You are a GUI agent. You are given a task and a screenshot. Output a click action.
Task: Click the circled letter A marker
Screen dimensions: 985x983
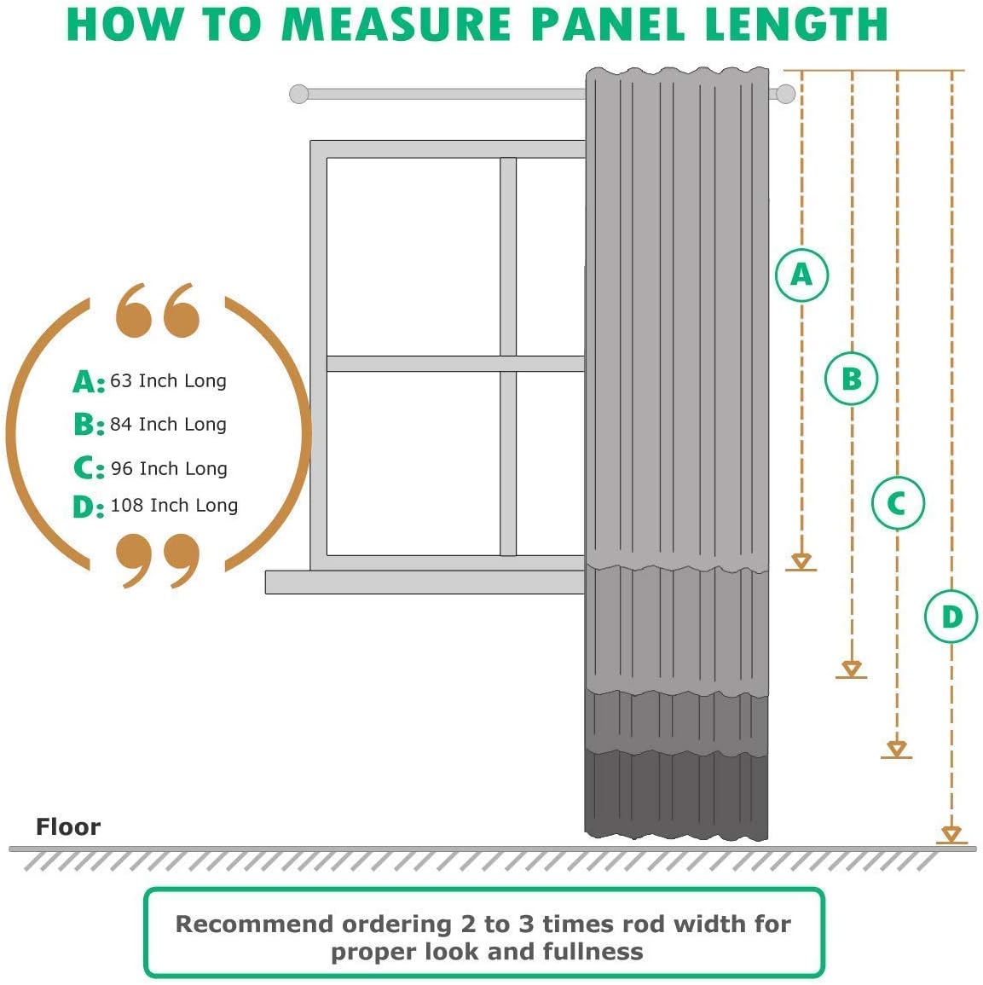(x=801, y=275)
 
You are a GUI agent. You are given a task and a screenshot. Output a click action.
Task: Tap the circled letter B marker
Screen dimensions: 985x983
(x=851, y=378)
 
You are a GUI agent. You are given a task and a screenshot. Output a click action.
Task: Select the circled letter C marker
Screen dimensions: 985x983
(x=897, y=503)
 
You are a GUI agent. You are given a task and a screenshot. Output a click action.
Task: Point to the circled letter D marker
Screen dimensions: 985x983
(x=951, y=616)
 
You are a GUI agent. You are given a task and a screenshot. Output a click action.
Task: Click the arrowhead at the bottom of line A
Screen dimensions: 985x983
(x=801, y=561)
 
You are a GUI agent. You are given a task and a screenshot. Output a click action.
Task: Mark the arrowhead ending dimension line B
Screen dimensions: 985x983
(x=851, y=669)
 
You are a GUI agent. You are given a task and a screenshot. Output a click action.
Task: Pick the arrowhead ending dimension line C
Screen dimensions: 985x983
(x=896, y=749)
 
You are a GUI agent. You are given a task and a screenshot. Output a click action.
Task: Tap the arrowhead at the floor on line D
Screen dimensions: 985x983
(x=951, y=834)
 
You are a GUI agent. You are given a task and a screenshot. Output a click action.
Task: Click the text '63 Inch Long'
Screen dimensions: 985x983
(x=168, y=380)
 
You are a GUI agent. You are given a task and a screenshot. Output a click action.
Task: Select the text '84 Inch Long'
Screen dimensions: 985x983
(x=168, y=424)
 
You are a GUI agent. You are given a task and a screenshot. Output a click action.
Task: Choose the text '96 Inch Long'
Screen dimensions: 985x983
(x=169, y=468)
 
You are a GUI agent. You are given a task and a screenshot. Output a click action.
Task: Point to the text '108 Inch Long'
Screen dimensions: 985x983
(x=174, y=505)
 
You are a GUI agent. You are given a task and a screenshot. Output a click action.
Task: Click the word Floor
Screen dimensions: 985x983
(x=68, y=826)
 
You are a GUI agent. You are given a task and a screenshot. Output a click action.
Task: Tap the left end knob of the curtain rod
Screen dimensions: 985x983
(x=299, y=94)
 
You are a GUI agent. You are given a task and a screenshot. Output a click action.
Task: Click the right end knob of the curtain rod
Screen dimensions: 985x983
(x=785, y=94)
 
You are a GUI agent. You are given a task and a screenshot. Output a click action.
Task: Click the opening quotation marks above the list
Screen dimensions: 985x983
(x=158, y=310)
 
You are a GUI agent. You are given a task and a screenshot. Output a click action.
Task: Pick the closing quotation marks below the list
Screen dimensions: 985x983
(x=158, y=559)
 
